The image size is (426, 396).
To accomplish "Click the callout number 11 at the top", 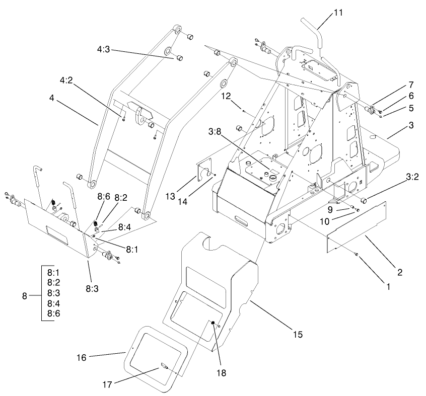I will (338, 13).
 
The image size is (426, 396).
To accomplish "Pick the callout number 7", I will (410, 85).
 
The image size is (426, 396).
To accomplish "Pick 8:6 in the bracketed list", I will (54, 313).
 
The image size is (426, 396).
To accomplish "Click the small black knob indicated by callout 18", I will (212, 323).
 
